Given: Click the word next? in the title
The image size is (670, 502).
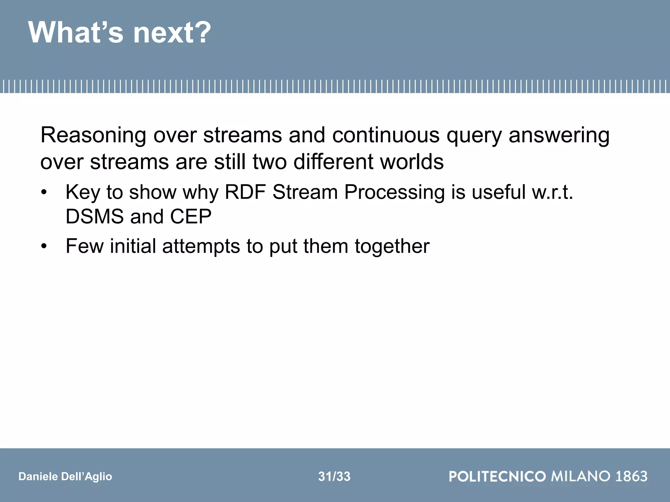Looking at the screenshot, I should click(172, 33).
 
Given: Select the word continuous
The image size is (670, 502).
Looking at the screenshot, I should click(386, 135).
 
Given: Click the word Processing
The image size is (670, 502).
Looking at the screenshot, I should click(394, 192).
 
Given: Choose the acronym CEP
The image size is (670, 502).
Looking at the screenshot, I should click(190, 216).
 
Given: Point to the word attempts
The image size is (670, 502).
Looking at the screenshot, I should click(201, 246).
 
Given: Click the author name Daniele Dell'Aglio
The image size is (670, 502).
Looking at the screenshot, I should click(65, 477).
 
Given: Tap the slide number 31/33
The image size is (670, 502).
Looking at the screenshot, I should click(334, 477).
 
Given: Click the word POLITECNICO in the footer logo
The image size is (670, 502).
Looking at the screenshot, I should click(497, 476).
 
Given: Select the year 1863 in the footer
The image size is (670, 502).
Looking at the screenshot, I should click(631, 476).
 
